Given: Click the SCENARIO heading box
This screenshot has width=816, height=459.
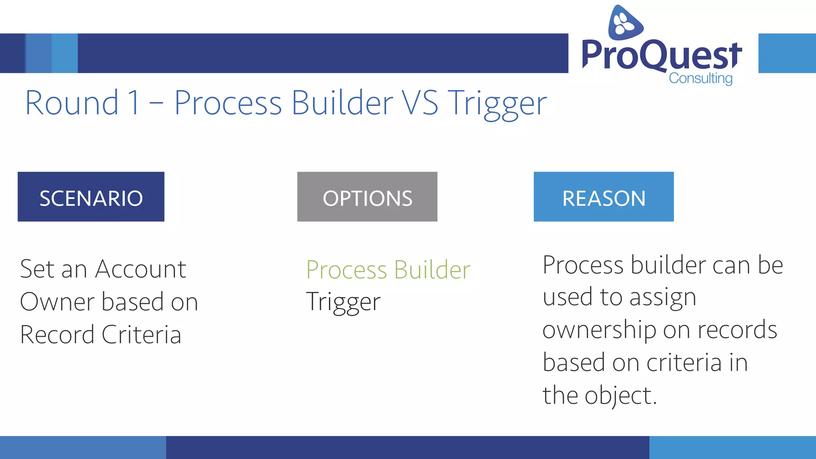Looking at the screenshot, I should (91, 197).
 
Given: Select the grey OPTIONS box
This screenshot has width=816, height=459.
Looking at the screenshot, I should (367, 197).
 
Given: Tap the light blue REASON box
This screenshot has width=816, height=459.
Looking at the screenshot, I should (603, 197).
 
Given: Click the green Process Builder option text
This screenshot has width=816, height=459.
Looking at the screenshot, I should (388, 270).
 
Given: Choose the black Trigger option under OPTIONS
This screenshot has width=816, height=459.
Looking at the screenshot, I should (343, 302).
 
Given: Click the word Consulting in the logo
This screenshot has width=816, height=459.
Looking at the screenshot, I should (700, 78).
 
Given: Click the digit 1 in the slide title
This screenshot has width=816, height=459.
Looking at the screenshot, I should (135, 103).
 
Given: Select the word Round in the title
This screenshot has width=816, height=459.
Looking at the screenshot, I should (72, 103).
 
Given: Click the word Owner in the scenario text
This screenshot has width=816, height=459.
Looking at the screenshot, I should (57, 302).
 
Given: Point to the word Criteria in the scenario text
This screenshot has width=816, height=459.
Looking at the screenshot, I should (141, 334).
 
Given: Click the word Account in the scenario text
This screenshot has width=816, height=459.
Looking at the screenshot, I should (140, 269).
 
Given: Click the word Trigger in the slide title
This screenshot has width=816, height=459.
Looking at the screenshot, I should (497, 103).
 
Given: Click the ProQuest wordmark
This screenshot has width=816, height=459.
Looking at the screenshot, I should (661, 55).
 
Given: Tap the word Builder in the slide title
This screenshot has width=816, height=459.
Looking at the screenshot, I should (343, 103).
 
